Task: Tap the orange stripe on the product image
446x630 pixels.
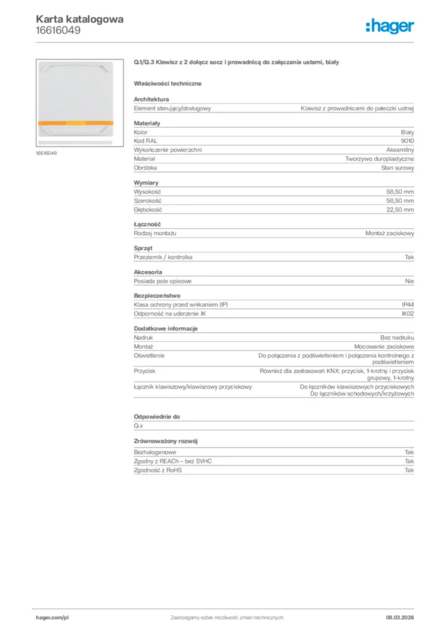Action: pos(76,123)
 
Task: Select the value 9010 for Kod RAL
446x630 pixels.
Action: pos(407,141)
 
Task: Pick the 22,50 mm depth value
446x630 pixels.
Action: pos(400,210)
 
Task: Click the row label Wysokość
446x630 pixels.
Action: pos(147,191)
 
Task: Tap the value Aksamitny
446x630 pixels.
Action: pos(400,150)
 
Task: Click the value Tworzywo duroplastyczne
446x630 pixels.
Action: pos(379,158)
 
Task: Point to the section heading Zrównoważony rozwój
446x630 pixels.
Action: pos(165,441)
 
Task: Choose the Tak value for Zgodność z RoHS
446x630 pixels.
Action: pos(409,470)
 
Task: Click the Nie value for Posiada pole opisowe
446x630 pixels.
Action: pos(410,281)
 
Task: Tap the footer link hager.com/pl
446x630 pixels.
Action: pos(51,617)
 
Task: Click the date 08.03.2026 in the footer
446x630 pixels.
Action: pos(395,617)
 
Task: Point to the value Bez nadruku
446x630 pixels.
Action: pos(397,338)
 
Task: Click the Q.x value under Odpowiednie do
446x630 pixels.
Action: pos(138,426)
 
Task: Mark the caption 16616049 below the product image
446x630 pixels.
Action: pos(47,153)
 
